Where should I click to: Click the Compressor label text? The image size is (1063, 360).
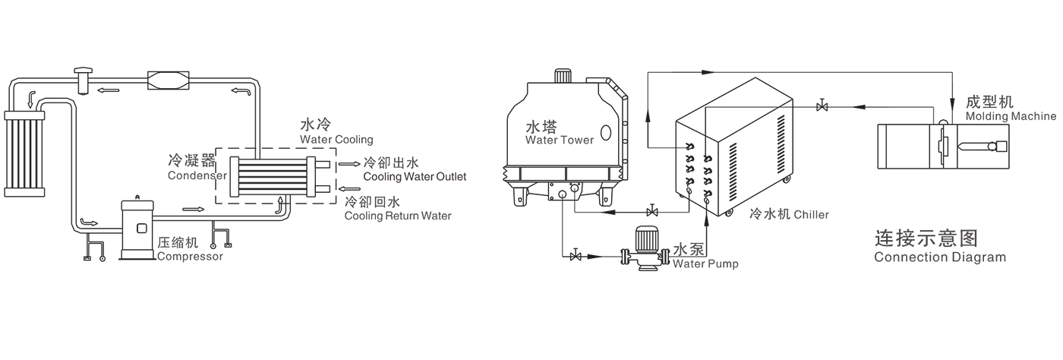190,257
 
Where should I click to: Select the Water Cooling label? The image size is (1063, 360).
336,139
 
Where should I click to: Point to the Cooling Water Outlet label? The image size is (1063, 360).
415,177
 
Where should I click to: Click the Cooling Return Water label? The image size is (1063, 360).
397,216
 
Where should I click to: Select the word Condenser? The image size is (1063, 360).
197,175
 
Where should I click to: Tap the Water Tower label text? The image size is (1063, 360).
560,140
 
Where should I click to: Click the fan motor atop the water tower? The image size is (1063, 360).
563,75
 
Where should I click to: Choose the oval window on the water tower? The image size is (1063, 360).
607,133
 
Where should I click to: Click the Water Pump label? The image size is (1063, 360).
705,264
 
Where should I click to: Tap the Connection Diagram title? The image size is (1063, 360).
939,257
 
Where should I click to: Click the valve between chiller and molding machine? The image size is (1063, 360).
822,106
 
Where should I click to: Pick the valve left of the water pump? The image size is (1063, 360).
575,256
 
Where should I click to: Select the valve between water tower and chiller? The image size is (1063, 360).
651,210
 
